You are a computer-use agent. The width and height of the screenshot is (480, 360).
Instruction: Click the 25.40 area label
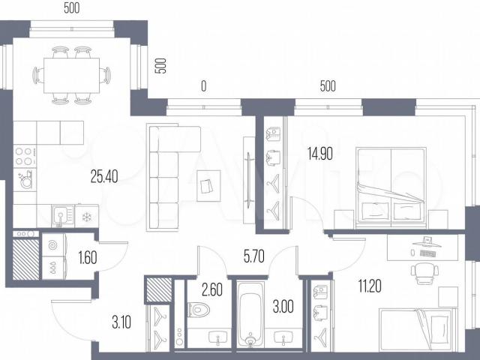click(x=104, y=176)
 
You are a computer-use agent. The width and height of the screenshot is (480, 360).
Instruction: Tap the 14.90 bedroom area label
click(x=320, y=154)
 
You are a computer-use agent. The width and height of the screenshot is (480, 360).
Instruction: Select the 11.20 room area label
click(x=370, y=286)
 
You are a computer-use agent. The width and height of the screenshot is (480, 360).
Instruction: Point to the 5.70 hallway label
click(x=254, y=256)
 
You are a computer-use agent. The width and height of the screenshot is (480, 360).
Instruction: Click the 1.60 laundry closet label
click(x=88, y=257)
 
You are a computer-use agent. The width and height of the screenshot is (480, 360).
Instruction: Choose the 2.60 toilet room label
click(x=212, y=290)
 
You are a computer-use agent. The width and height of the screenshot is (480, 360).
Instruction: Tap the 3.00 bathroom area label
click(x=283, y=307)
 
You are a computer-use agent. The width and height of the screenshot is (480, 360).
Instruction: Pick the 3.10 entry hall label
click(x=121, y=322)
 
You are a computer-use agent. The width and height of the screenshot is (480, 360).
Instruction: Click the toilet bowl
click(x=198, y=310)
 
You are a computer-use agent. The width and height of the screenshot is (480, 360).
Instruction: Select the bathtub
click(x=250, y=314)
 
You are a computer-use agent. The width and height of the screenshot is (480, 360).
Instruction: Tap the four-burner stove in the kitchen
click(x=25, y=156)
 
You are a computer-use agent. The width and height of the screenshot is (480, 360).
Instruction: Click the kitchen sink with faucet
click(x=63, y=215)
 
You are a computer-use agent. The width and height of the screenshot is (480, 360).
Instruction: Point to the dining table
click(x=72, y=75)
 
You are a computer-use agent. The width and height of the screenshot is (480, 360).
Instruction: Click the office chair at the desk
click(x=424, y=271)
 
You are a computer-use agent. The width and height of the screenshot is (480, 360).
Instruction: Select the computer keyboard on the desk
click(x=428, y=253)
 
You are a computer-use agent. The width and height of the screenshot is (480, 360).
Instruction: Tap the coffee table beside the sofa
click(x=208, y=185)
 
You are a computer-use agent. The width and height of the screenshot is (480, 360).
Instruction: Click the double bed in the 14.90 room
click(x=391, y=188)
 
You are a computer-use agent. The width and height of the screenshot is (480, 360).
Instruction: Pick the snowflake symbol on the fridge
click(x=87, y=217)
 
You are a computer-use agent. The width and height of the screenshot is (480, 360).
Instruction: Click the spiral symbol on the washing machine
click(x=53, y=245)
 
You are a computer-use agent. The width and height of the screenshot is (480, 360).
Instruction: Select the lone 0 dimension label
click(x=203, y=86)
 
